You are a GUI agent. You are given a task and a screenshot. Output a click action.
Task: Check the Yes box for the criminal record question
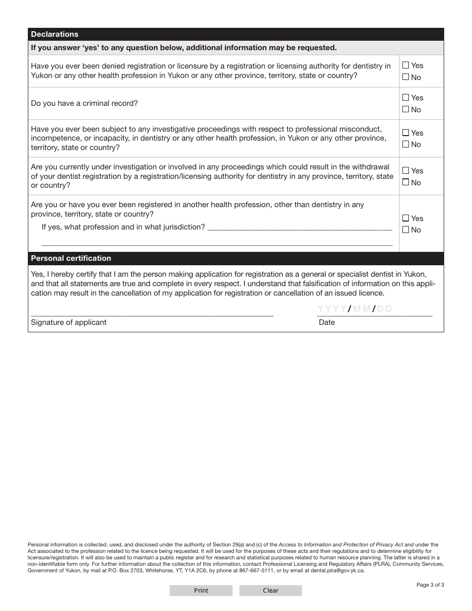406,97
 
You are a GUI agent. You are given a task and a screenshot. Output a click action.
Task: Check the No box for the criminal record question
406,109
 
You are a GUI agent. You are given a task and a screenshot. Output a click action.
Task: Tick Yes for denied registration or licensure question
406,65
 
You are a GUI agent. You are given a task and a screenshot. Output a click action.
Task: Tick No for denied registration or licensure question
406,77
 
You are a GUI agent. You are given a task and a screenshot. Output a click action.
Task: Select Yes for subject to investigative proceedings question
406,133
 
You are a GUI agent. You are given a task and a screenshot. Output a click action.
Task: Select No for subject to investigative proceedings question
406,144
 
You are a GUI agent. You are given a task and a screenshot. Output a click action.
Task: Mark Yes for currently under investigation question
406,170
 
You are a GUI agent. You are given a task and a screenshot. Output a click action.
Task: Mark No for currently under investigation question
406,182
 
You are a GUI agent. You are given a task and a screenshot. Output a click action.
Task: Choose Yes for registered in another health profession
406,218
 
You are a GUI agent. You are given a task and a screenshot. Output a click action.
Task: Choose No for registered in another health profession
406,229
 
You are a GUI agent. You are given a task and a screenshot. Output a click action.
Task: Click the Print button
201,591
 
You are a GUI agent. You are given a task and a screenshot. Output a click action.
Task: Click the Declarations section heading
55,34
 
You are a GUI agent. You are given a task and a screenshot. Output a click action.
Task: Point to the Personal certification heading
71,258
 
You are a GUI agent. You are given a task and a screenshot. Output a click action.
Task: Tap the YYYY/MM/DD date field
355,309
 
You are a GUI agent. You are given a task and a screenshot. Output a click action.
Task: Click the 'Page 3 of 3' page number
430,585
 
